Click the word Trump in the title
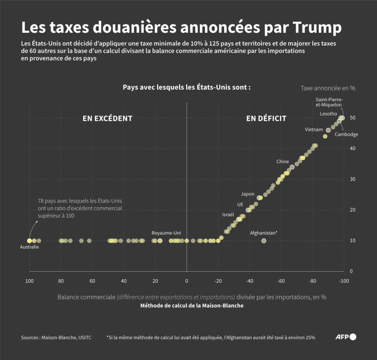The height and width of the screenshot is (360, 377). (312, 26)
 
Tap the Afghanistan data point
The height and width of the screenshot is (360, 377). (264, 240)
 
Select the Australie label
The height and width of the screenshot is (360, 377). (29, 247)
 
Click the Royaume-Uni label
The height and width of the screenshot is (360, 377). (166, 232)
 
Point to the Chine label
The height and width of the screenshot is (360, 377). (282, 162)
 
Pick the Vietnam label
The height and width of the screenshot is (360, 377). (314, 129)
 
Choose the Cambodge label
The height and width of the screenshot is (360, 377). (346, 134)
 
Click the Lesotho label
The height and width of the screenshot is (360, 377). (328, 114)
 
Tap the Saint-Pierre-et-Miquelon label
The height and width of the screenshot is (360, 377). (329, 102)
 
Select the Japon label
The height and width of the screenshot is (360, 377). (248, 194)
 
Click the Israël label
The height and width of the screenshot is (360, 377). (228, 215)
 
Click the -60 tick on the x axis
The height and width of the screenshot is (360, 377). (280, 281)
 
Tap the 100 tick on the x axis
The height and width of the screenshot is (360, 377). (29, 281)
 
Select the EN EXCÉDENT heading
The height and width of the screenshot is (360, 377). (107, 119)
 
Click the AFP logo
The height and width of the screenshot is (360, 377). (346, 337)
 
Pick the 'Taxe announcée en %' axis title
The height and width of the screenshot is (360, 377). (328, 88)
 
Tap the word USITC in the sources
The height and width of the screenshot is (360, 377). (83, 337)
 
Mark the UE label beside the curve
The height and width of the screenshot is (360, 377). (240, 204)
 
